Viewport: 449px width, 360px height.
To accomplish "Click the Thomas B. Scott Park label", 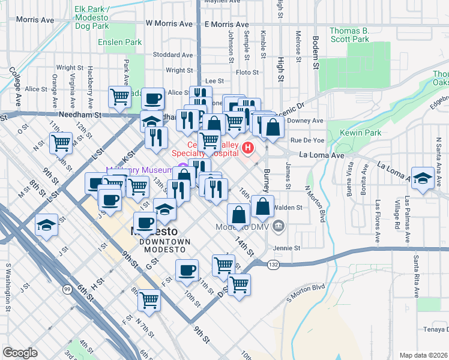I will tap(350, 34).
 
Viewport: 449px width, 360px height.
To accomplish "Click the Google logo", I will tap(20, 352).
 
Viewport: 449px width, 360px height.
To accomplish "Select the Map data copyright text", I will tap(423, 355).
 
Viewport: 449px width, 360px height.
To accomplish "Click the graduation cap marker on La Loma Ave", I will tap(423, 178).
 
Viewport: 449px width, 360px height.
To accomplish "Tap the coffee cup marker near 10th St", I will tap(187, 269).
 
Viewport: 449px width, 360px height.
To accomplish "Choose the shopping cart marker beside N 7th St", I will tap(149, 299).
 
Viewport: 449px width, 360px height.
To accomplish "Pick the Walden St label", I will tap(287, 208).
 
